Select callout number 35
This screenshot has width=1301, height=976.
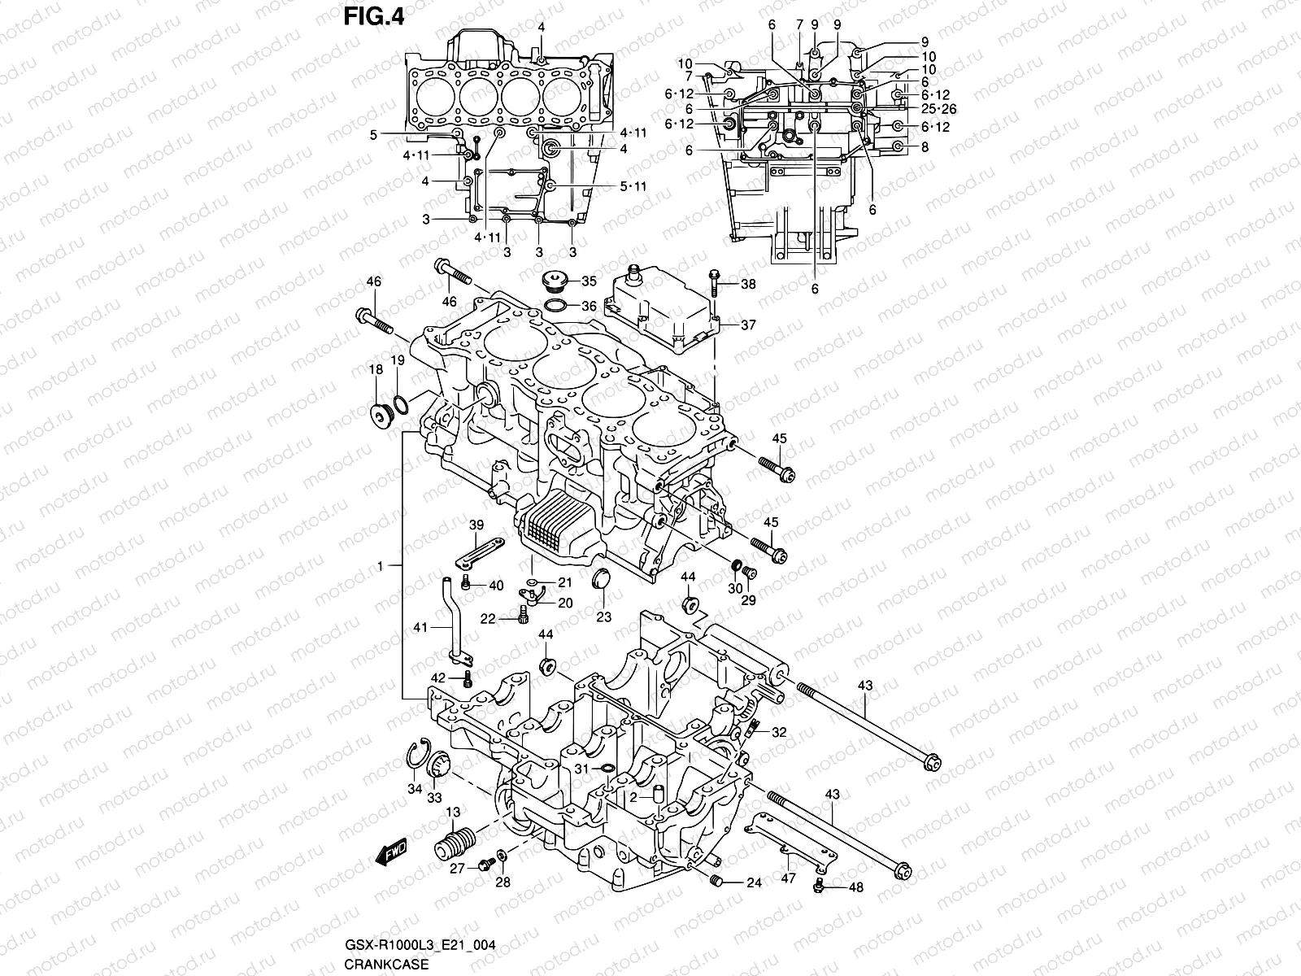pos(588,282)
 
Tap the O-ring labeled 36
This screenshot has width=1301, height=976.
pos(556,306)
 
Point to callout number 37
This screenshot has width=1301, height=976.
pos(747,325)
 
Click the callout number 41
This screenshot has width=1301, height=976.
pos(420,627)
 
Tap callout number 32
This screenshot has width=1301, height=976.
pos(779,732)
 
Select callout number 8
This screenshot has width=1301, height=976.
pos(925,147)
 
